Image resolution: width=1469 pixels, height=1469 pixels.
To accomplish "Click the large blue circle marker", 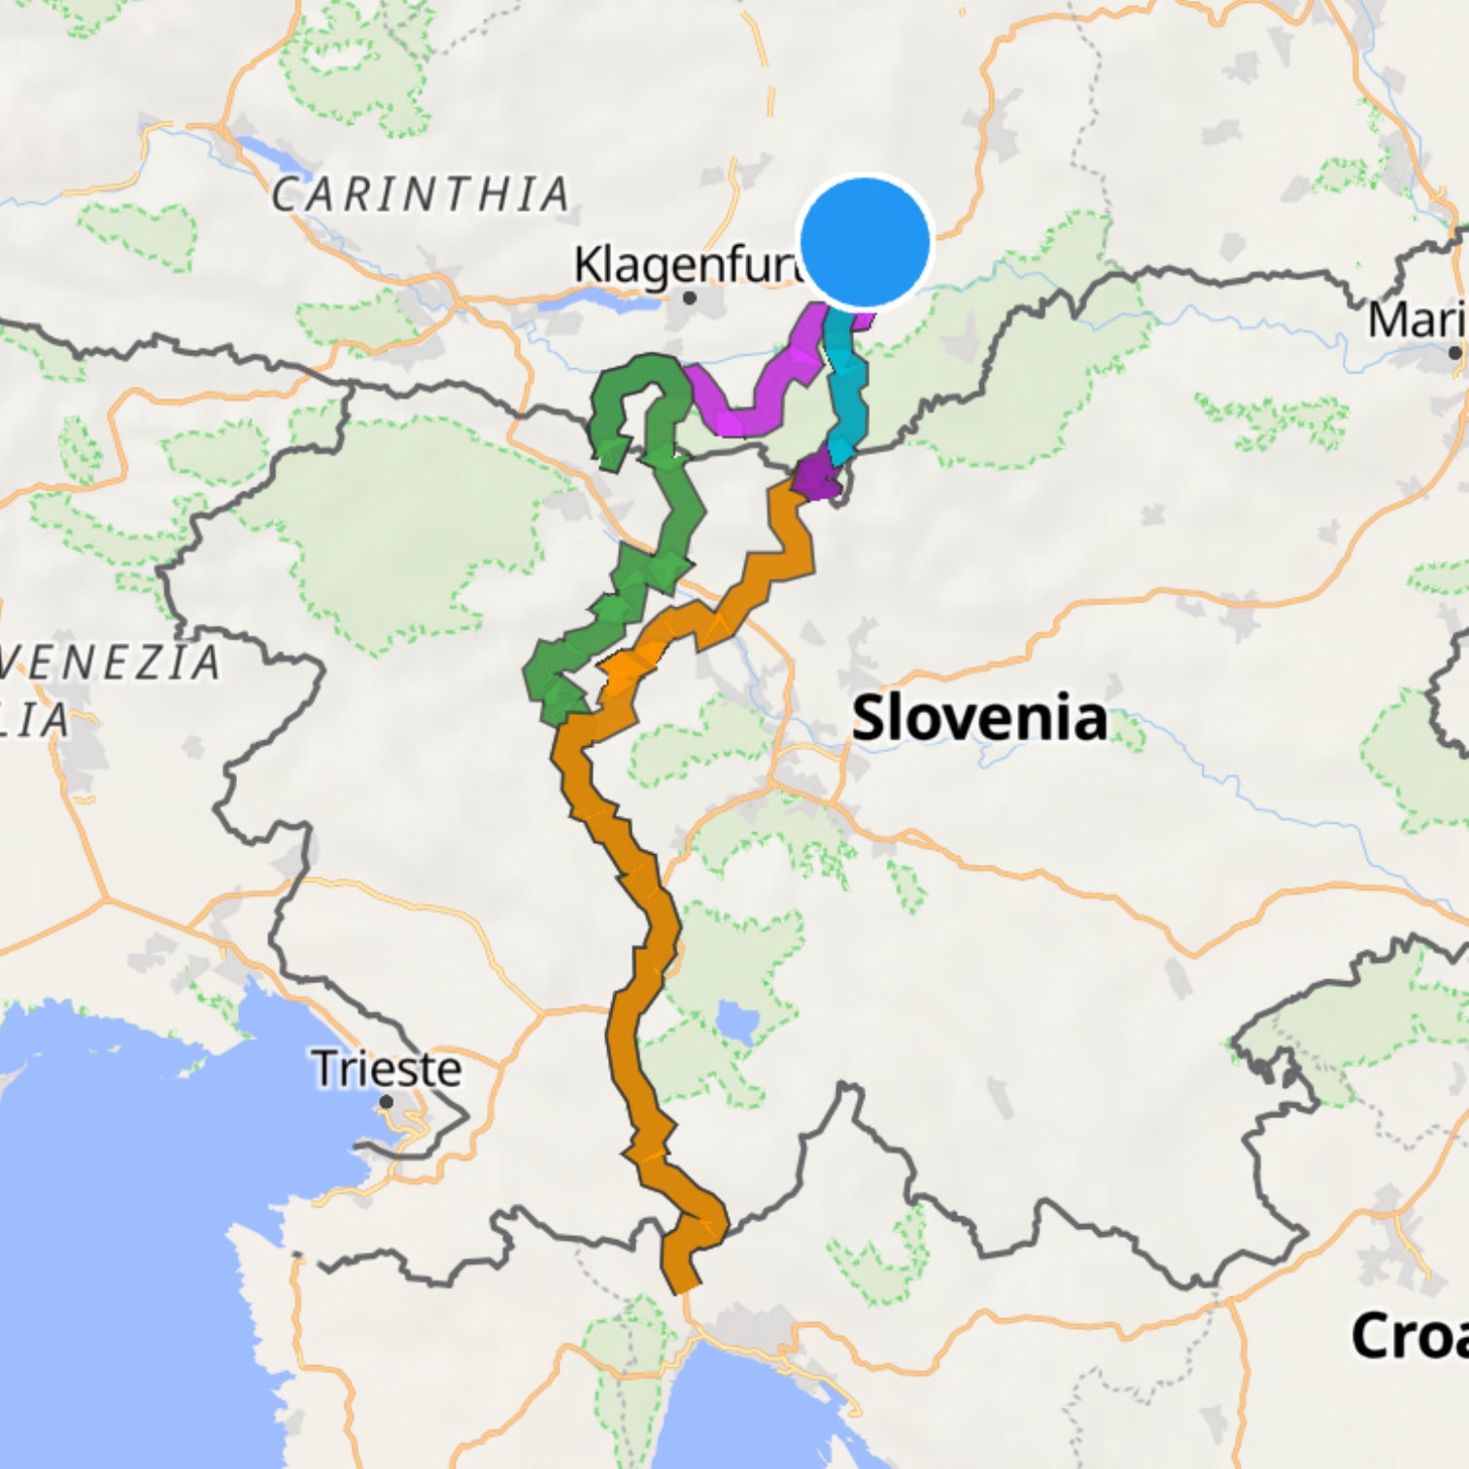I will click(864, 241).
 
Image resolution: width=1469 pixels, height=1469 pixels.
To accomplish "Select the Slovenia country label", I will click(978, 718).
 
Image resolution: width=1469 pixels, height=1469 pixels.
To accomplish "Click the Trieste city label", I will click(387, 1069).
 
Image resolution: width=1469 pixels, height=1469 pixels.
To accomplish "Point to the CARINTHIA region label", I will click(420, 194).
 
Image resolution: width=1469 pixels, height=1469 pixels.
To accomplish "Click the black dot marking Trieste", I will click(387, 1102).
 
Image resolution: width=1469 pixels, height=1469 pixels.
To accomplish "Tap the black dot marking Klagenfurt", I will click(689, 297).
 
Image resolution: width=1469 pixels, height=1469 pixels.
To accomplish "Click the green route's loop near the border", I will click(632, 389).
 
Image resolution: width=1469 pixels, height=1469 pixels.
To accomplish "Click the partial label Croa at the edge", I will click(1409, 1336).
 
